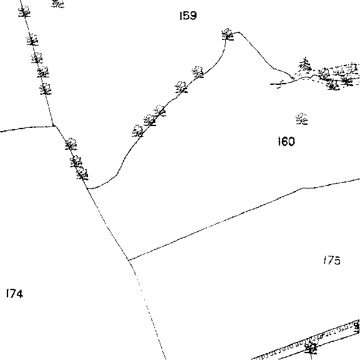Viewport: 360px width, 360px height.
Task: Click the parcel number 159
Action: (x=188, y=16)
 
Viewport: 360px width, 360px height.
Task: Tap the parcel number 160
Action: (x=286, y=142)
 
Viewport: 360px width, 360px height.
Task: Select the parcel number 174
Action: (x=15, y=293)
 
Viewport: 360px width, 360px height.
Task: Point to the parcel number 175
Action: (x=332, y=260)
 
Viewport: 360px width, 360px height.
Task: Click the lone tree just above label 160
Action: (x=302, y=119)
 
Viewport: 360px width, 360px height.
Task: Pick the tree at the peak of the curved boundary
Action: (x=228, y=34)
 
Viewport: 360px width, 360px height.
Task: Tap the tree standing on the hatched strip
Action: (x=311, y=348)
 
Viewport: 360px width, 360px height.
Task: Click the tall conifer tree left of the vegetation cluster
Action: (x=305, y=64)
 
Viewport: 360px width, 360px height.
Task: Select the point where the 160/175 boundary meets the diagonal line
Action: (x=129, y=260)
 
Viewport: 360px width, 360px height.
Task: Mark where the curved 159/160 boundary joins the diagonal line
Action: (x=88, y=188)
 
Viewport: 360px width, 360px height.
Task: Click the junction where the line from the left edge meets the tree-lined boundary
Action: (x=54, y=125)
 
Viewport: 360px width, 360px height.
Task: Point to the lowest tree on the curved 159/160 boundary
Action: (x=138, y=131)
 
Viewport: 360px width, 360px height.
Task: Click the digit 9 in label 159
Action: (x=193, y=16)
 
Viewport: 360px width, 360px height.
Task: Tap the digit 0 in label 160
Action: (x=291, y=142)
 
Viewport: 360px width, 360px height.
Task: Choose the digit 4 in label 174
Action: (x=19, y=294)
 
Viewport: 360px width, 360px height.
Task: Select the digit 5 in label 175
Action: (x=337, y=261)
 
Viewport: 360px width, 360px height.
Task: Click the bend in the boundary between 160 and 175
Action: (x=302, y=188)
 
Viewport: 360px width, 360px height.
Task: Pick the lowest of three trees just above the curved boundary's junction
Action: (x=82, y=173)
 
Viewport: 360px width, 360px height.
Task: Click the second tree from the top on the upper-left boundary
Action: (x=32, y=40)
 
